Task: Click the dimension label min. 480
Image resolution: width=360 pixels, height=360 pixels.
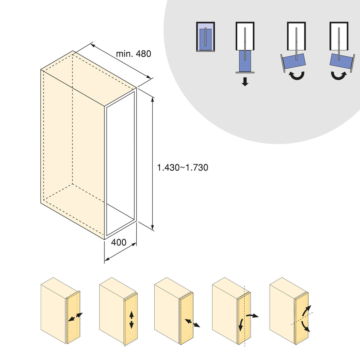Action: pos(133,54)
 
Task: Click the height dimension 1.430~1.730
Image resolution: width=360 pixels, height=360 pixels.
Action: pos(182,168)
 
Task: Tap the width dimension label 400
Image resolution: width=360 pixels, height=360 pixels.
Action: pos(118,243)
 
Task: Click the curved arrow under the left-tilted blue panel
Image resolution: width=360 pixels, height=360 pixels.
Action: pos(295,75)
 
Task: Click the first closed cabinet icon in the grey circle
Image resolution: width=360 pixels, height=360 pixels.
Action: pos(205,37)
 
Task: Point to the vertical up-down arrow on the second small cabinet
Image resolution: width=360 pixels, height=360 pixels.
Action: pos(131,320)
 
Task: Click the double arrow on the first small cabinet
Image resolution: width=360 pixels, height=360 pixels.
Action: pos(75,317)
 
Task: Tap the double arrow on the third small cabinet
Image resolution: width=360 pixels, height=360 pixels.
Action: pos(192,323)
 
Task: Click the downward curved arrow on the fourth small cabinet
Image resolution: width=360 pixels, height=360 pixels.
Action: pos(241,325)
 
